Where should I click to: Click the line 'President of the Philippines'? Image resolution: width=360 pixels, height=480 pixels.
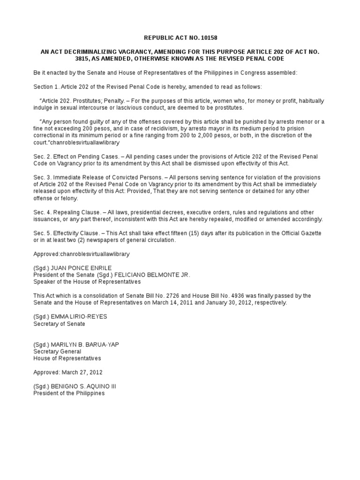pos(69,394)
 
